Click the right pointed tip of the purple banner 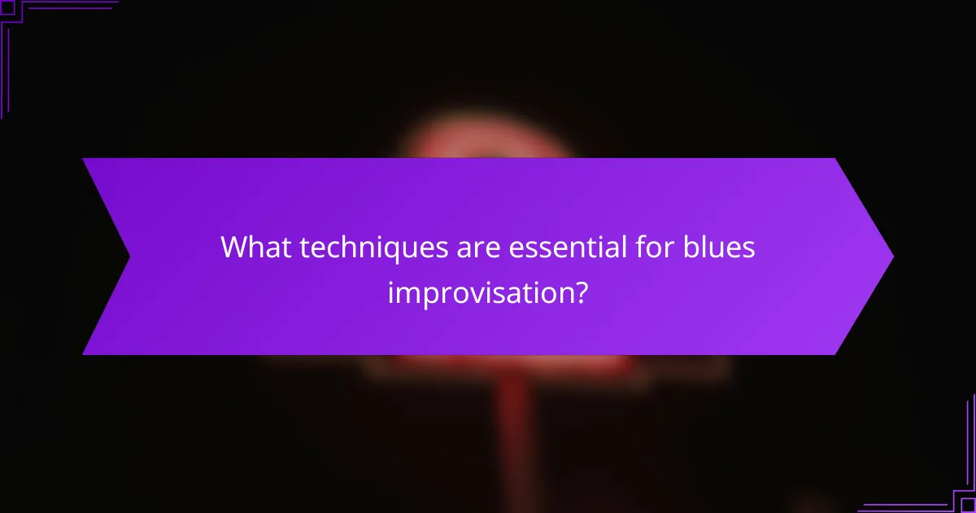(x=893, y=256)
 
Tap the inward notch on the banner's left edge (x=130, y=256)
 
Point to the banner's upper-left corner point (x=83, y=159)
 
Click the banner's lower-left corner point (x=83, y=354)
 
